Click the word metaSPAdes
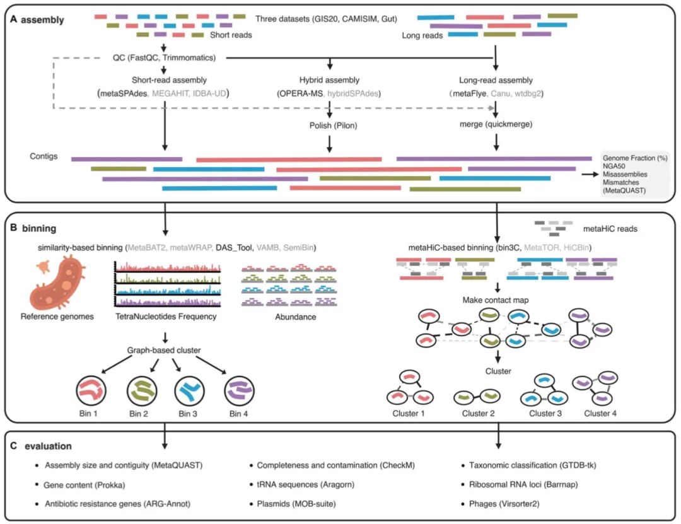pyautogui.click(x=122, y=94)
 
